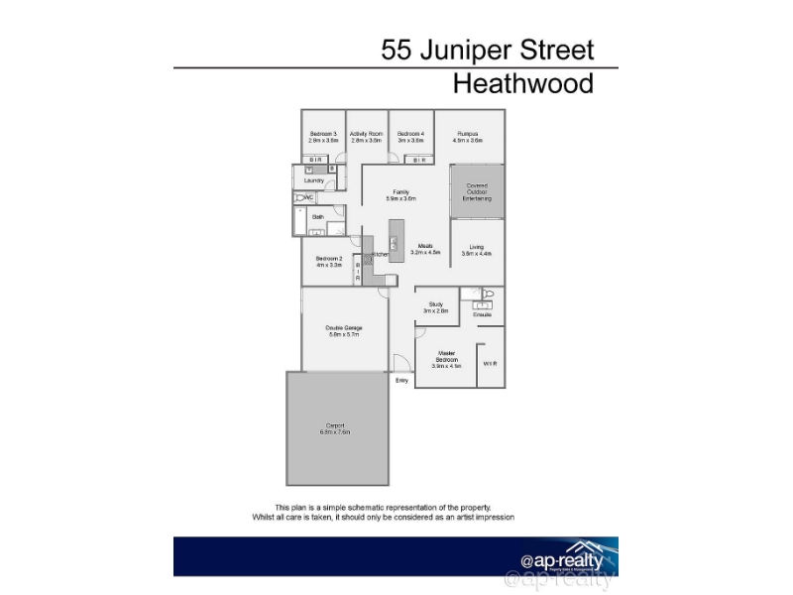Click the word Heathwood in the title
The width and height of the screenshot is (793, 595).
click(523, 83)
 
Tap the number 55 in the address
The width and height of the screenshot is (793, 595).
click(398, 50)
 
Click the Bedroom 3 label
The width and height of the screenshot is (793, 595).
click(323, 134)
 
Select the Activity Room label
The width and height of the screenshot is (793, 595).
click(367, 134)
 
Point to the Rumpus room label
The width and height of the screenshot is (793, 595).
click(468, 134)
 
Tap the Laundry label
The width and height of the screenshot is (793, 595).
click(314, 180)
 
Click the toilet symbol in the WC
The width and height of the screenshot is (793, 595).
click(299, 198)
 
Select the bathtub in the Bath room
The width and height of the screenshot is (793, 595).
click(299, 223)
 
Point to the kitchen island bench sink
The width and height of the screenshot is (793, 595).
click(394, 244)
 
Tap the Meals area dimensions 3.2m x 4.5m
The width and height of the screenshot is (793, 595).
click(424, 253)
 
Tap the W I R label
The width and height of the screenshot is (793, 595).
click(490, 364)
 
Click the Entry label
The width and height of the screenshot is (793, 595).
click(401, 380)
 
